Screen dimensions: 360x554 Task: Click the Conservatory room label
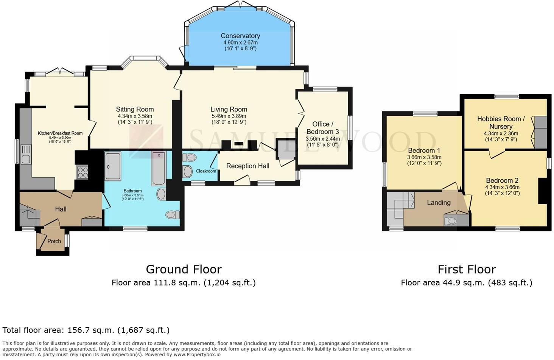[240, 36]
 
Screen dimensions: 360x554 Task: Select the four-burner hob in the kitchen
[82, 172]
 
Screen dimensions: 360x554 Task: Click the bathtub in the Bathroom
[159, 168]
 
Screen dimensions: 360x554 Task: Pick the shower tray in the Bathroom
[113, 166]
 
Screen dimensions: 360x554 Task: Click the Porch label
[54, 241]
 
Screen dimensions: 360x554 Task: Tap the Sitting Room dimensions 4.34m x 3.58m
[135, 116]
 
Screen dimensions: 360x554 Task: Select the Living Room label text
[229, 109]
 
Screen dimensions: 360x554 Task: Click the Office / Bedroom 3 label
[322, 128]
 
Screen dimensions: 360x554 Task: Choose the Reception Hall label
[247, 166]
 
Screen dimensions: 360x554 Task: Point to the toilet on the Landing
[450, 221]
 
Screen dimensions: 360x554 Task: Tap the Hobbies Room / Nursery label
[501, 123]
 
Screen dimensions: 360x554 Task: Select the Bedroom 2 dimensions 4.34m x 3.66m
[502, 187]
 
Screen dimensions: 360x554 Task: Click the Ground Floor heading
[184, 269]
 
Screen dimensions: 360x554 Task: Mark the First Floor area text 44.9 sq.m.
[466, 282]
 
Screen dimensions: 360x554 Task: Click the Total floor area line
[86, 330]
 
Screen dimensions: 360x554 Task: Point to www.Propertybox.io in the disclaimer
[197, 355]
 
